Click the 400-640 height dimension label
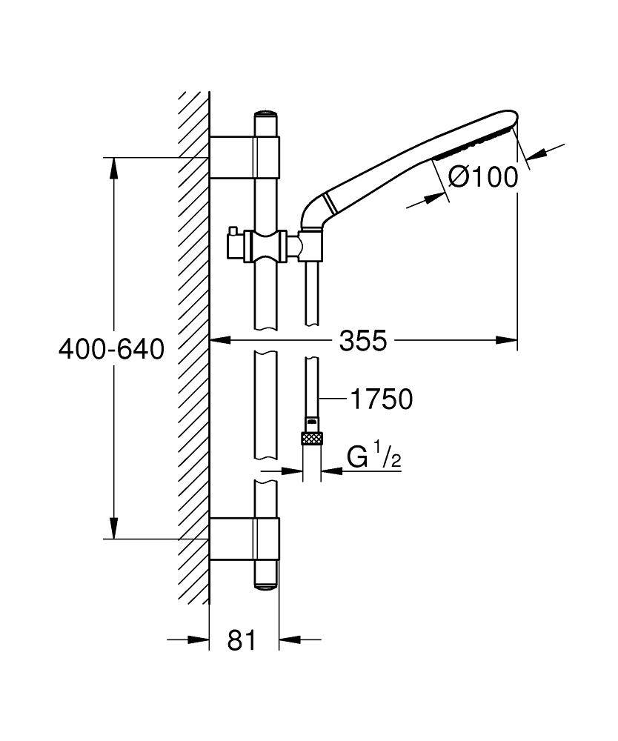point(111,348)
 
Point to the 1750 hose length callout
point(381,399)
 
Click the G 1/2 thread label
point(373,459)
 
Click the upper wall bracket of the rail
point(245,157)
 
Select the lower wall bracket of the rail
point(245,539)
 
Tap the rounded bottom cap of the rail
point(266,582)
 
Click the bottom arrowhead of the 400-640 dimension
point(113,529)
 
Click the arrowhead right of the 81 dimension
point(288,639)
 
